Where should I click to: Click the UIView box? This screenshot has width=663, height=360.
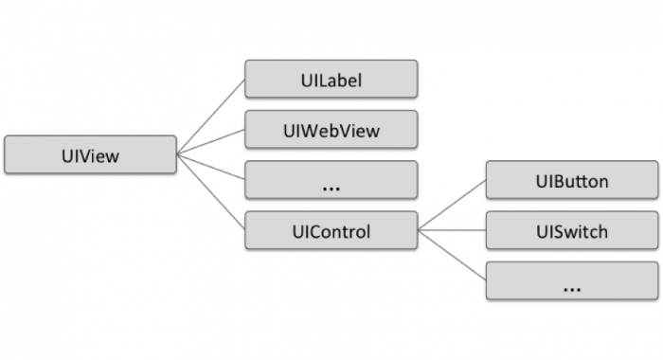pyautogui.click(x=90, y=154)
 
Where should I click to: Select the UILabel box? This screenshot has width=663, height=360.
pyautogui.click(x=331, y=79)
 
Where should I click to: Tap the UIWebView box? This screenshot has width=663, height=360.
pyautogui.click(x=331, y=130)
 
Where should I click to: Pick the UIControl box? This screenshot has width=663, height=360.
pyautogui.click(x=331, y=231)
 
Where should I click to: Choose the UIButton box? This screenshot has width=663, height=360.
pyautogui.click(x=571, y=180)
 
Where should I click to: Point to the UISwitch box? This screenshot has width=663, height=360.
pyautogui.click(x=571, y=231)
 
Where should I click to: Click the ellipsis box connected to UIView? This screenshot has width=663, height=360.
pyautogui.click(x=331, y=180)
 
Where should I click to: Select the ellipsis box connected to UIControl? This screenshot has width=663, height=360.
pyautogui.click(x=571, y=281)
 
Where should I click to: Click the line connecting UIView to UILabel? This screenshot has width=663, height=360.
pyautogui.click(x=210, y=117)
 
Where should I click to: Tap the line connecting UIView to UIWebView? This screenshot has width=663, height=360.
pyautogui.click(x=210, y=142)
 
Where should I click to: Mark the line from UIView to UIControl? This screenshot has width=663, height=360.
pyautogui.click(x=210, y=192)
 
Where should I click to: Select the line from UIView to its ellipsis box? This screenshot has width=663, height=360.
pyautogui.click(x=210, y=167)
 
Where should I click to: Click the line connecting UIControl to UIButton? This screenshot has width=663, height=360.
pyautogui.click(x=452, y=206)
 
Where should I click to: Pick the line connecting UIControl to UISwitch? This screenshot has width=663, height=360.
pyautogui.click(x=452, y=231)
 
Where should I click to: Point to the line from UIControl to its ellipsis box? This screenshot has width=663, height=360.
pyautogui.click(x=452, y=256)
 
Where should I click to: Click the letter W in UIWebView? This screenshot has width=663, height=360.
pyautogui.click(x=305, y=130)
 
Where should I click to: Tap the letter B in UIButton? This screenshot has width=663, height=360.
pyautogui.click(x=551, y=180)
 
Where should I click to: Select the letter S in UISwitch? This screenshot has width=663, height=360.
pyautogui.click(x=550, y=231)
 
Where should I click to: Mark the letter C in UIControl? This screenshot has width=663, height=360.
pyautogui.click(x=307, y=231)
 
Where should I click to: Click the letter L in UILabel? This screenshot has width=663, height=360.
pyautogui.click(x=314, y=79)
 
